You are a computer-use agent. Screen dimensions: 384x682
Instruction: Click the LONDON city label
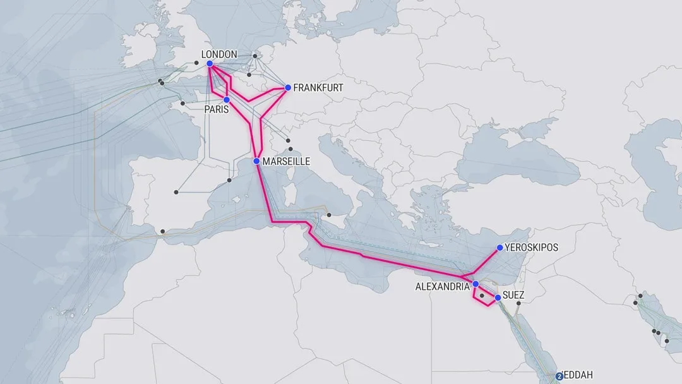click(x=219, y=54)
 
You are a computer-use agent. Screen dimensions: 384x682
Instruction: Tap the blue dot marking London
click(x=210, y=63)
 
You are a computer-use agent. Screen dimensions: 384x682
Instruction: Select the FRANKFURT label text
click(x=318, y=88)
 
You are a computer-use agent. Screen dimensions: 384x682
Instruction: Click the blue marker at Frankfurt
click(x=287, y=87)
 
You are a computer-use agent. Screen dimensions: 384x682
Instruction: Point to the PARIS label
click(x=217, y=110)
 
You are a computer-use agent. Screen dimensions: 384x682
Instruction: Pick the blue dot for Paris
click(x=226, y=100)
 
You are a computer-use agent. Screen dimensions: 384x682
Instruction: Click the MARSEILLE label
click(x=286, y=162)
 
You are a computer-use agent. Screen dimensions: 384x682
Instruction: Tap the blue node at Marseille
click(x=256, y=162)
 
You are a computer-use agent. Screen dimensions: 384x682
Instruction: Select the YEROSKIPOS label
click(x=532, y=248)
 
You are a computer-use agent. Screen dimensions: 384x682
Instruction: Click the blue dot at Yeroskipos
click(x=500, y=247)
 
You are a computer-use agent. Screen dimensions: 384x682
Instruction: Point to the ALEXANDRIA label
click(x=442, y=287)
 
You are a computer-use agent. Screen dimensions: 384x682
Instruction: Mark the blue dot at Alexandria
click(x=476, y=284)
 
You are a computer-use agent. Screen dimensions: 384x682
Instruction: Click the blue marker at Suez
click(x=498, y=297)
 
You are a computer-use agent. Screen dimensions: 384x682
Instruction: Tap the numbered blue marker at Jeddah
click(x=559, y=376)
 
